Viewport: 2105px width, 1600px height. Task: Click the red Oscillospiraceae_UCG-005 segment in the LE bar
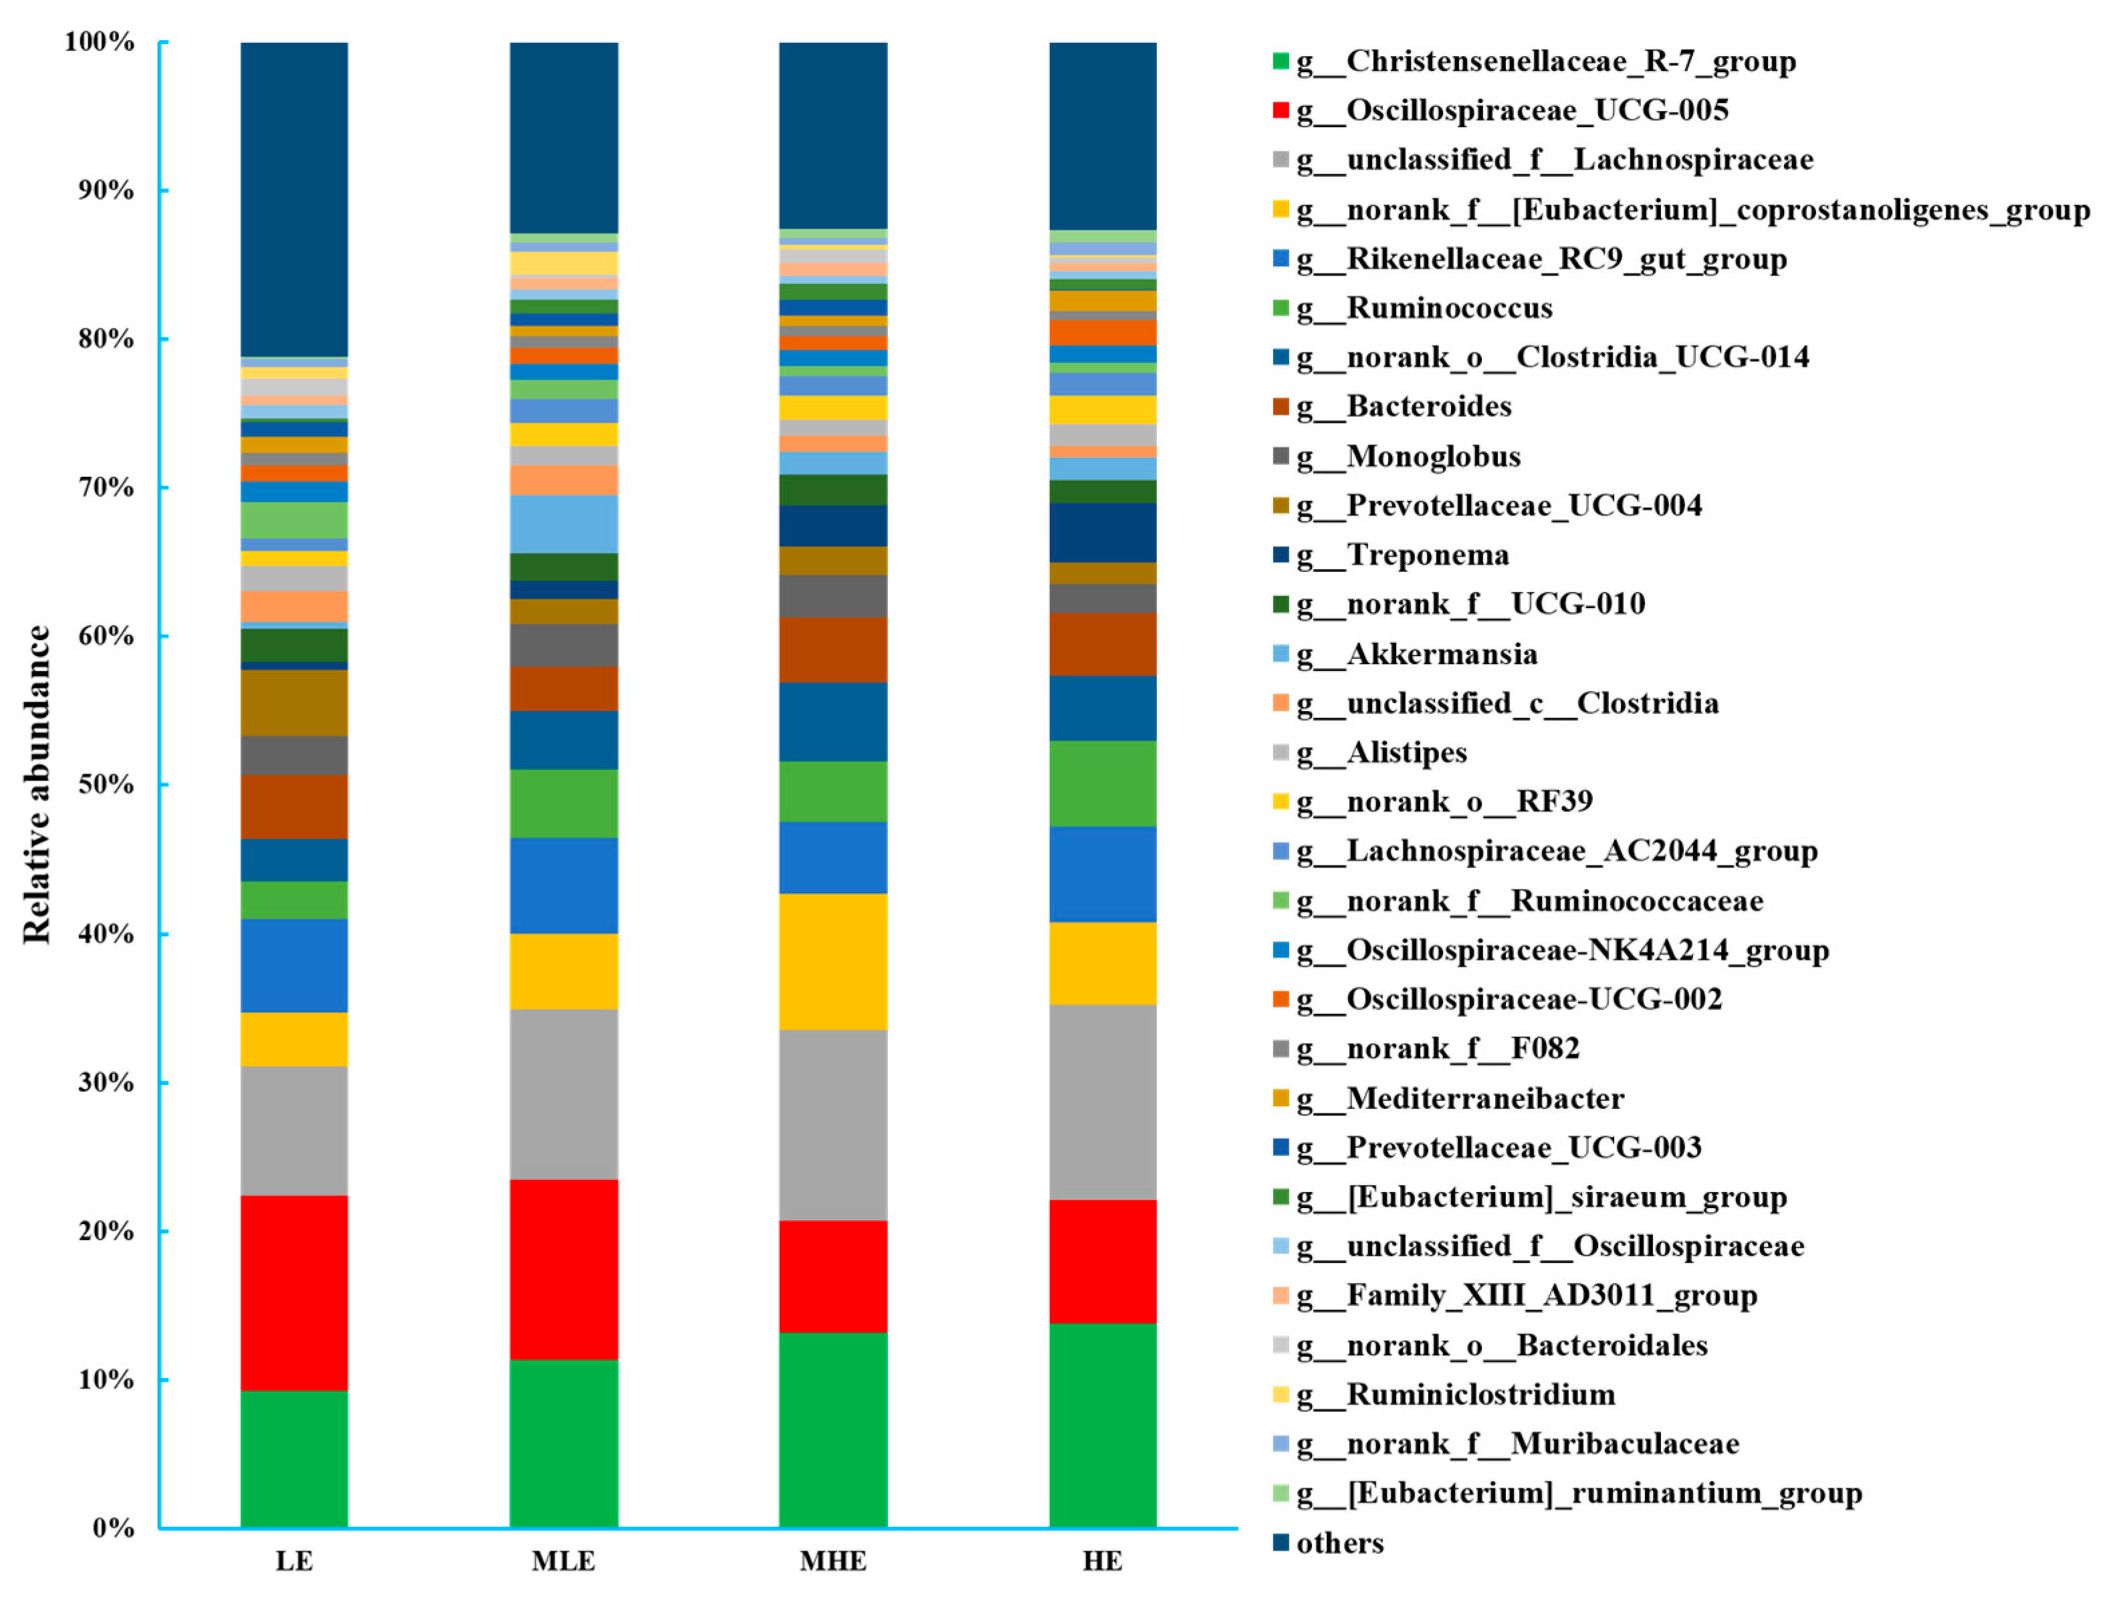click(x=294, y=1292)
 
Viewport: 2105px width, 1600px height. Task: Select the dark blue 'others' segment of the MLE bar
click(x=564, y=137)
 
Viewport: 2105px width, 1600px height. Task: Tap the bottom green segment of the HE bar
click(x=1103, y=1425)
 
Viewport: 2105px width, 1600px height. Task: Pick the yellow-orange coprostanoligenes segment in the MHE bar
click(x=833, y=961)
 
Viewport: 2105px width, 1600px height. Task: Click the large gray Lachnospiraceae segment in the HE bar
click(x=1103, y=1102)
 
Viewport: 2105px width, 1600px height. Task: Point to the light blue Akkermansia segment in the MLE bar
click(x=564, y=524)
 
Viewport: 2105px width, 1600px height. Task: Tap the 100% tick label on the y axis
click(x=99, y=42)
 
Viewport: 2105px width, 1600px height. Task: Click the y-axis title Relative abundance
click(x=36, y=785)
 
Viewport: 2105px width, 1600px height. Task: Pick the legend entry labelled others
click(x=1339, y=1542)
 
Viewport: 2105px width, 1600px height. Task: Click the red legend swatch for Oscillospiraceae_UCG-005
click(x=1281, y=110)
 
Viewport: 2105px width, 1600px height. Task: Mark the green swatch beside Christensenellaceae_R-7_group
click(x=1281, y=62)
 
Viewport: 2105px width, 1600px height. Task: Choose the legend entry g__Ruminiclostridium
click(x=1480, y=1394)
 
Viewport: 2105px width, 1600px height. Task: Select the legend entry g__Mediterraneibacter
click(x=1484, y=1098)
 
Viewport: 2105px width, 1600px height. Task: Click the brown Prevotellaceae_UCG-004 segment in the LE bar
click(x=294, y=703)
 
